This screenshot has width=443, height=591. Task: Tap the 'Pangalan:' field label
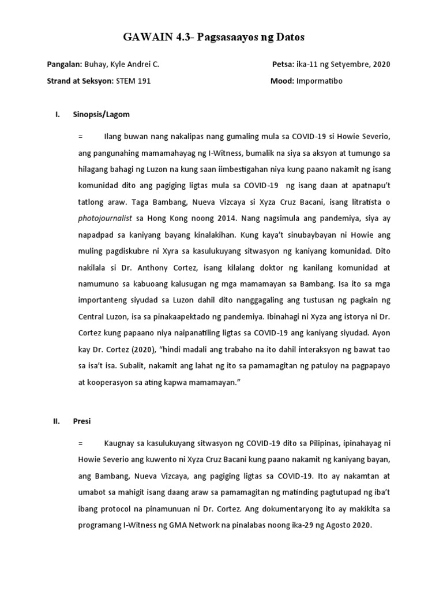pos(65,65)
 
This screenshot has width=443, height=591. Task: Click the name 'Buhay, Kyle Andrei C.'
pos(122,65)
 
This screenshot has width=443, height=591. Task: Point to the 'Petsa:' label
pos(283,65)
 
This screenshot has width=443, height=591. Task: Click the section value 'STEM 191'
pos(133,81)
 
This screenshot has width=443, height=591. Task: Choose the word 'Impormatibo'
pos(320,81)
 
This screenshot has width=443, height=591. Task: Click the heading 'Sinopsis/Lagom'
pos(102,115)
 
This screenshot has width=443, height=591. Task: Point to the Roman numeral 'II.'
pos(57,421)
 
